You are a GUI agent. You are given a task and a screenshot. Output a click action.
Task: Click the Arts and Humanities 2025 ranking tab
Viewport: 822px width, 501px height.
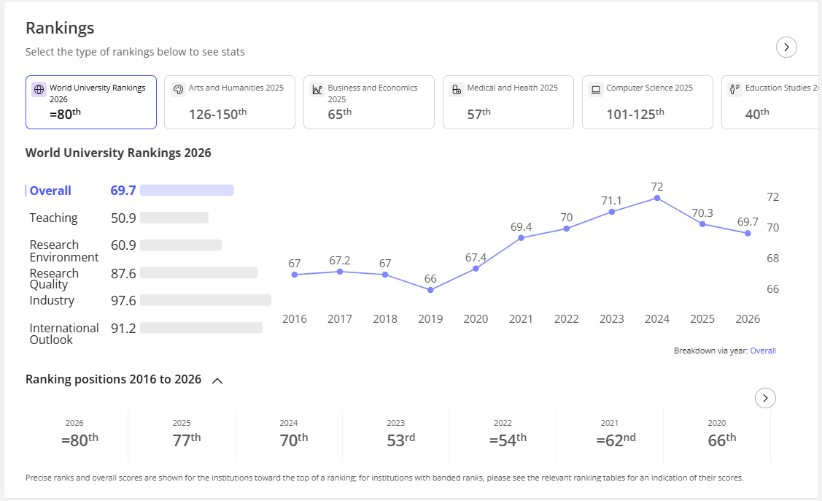(230, 102)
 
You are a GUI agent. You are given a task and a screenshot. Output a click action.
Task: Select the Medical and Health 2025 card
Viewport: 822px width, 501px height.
(508, 102)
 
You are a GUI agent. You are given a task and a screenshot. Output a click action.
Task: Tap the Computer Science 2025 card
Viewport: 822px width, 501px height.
(648, 102)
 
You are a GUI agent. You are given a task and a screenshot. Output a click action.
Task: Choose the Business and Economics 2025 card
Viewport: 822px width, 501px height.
(369, 102)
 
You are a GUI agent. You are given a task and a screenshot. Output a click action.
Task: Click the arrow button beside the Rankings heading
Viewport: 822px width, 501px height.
(786, 47)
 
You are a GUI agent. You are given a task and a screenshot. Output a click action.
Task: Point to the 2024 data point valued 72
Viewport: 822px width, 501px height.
(657, 198)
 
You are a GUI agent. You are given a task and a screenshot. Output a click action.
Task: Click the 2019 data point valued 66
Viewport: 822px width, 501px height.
(430, 290)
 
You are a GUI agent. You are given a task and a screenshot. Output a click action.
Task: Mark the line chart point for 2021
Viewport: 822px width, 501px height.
(521, 238)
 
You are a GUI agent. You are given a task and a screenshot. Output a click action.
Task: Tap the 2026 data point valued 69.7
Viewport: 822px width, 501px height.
(748, 233)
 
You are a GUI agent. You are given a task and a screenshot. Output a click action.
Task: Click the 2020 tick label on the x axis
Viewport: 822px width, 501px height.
(476, 318)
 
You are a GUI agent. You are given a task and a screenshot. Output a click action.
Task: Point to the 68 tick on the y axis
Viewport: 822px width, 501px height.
(772, 259)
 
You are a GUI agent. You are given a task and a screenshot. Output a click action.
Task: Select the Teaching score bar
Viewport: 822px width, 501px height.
(174, 218)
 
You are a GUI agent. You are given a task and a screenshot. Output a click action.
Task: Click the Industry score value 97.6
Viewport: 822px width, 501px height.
(123, 300)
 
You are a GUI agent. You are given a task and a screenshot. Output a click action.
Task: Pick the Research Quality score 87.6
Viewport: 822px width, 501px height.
(123, 273)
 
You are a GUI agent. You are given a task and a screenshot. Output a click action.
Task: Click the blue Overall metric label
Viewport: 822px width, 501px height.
(50, 191)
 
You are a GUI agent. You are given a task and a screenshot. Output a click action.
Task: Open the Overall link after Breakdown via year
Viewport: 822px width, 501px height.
(763, 351)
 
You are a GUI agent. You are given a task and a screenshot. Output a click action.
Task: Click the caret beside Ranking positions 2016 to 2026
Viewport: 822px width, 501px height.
(217, 380)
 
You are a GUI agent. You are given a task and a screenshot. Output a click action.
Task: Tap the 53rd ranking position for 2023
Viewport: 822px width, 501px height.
(401, 440)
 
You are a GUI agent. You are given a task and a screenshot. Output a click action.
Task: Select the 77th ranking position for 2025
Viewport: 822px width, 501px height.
(187, 440)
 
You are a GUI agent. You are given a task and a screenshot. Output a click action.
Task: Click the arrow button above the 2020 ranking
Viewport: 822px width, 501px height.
(765, 398)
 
